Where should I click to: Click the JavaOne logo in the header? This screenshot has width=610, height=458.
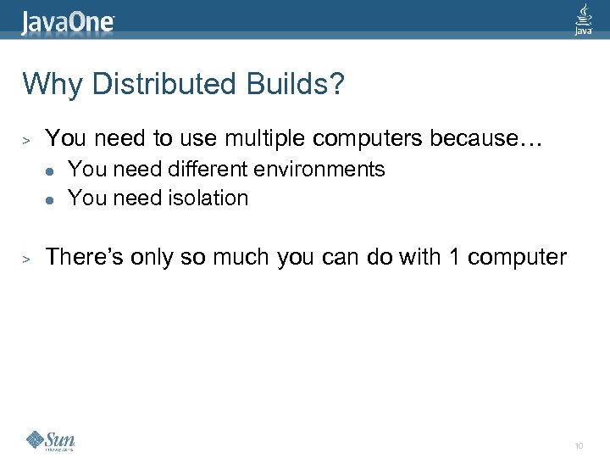pyautogui.click(x=68, y=21)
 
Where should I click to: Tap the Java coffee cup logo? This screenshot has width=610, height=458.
pyautogui.click(x=584, y=19)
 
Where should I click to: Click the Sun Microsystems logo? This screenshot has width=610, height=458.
pyautogui.click(x=51, y=440)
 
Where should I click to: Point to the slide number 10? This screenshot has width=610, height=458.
pyautogui.click(x=579, y=445)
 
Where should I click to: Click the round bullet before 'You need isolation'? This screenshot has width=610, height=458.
pyautogui.click(x=50, y=199)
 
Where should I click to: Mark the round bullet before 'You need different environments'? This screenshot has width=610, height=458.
pyautogui.click(x=50, y=170)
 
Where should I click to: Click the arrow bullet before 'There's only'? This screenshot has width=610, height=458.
pyautogui.click(x=27, y=258)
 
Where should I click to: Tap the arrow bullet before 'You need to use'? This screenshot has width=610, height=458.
pyautogui.click(x=27, y=138)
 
